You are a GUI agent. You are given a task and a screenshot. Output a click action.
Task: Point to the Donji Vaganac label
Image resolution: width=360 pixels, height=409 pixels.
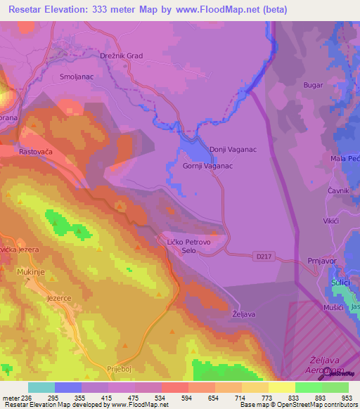tap(233, 149)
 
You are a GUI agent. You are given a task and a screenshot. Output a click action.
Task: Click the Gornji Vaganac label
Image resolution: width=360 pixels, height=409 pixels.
tap(207, 166)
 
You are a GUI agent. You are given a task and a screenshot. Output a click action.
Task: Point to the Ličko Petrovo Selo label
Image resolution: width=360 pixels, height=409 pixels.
tap(188, 246)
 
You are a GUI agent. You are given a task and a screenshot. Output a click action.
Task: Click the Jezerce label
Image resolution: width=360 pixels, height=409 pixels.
tap(59, 298)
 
